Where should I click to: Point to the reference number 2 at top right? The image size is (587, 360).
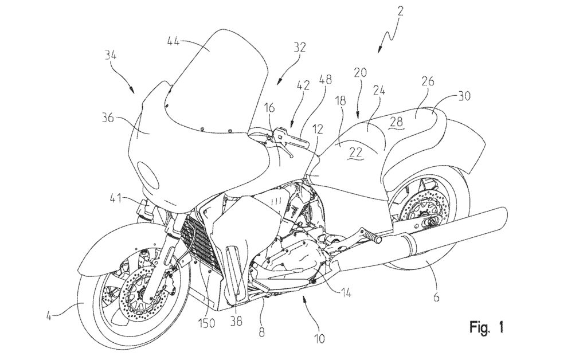click(400, 11)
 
